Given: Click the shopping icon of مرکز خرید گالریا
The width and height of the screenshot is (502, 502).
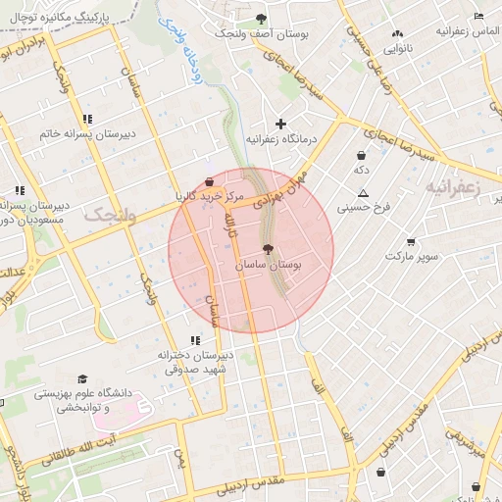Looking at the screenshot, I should point(210,181).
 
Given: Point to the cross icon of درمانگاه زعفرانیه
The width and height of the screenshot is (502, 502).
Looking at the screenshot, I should point(281,124).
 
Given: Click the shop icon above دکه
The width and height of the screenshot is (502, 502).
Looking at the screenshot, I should point(362,155).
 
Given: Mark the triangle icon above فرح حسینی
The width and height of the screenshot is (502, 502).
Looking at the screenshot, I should point(364,193).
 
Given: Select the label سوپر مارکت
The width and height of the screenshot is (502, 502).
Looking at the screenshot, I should point(409,256).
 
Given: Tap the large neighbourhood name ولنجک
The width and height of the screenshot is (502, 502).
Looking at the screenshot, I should point(107,215).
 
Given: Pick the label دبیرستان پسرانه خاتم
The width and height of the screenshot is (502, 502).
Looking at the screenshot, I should point(87,133).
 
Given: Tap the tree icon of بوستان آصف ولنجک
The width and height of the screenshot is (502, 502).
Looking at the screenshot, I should point(261,19).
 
